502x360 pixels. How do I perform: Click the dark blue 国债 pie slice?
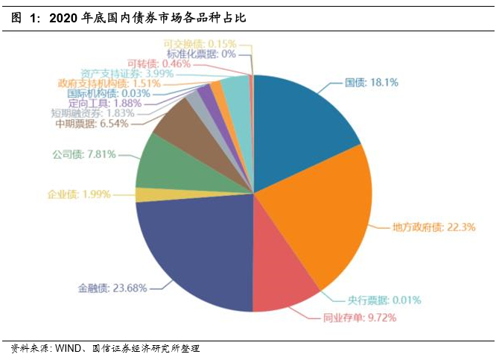(302, 127)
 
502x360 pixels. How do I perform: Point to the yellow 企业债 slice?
(142, 195)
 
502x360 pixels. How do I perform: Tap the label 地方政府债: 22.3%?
(433, 226)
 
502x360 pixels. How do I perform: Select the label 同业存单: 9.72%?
(359, 318)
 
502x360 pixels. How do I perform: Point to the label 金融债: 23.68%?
(112, 287)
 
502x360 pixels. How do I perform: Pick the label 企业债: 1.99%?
(79, 194)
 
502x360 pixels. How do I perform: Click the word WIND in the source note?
(70, 348)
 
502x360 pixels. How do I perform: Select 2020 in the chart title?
(63, 18)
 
